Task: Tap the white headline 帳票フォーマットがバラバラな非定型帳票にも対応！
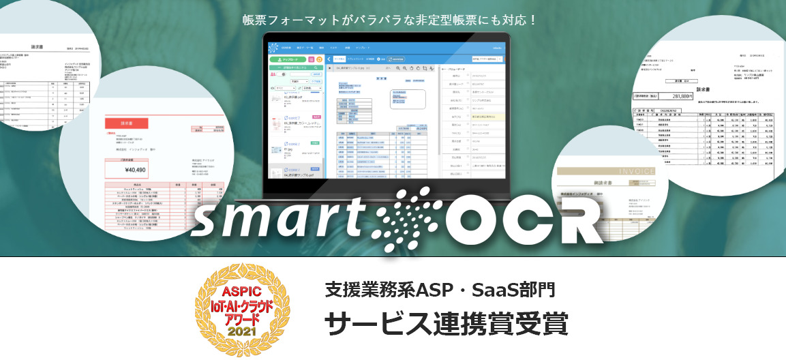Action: click(391, 20)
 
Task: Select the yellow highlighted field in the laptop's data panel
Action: click(484, 117)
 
